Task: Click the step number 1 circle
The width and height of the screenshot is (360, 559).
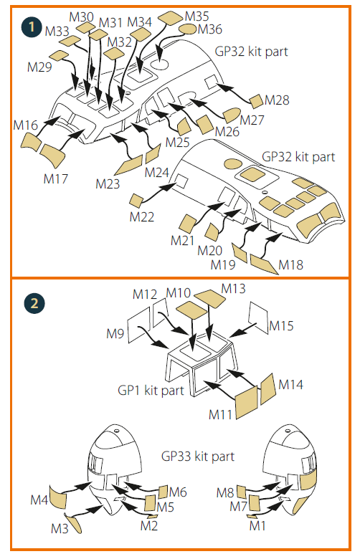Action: pos(32,27)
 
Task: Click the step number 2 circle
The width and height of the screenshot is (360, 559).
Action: pos(34,303)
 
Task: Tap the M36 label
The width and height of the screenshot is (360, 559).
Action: pos(210,29)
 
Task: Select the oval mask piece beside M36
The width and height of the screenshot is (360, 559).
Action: pos(188,29)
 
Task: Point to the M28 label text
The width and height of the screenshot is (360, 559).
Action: pos(277,100)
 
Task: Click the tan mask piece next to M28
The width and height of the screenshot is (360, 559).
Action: pos(256,101)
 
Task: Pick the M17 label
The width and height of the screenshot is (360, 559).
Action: pos(56,178)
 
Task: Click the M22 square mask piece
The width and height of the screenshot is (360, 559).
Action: pos(136,200)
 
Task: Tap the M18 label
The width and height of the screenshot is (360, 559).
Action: pos(290,265)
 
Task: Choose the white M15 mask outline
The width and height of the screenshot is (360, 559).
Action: pos(258,317)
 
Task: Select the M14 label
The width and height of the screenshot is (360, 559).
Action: pos(290,384)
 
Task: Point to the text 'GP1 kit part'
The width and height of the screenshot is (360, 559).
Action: pos(151,391)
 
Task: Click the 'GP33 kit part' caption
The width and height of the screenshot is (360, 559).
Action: pos(198,457)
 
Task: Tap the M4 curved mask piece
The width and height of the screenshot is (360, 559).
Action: pos(58,497)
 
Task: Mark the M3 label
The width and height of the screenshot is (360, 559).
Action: pos(60,528)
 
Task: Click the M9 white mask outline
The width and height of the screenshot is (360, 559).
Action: pos(139,324)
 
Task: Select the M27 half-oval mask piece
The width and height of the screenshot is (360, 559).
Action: pos(231,115)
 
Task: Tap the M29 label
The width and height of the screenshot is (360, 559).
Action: pos(39,67)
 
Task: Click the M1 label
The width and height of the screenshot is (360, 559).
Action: pos(257,525)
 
